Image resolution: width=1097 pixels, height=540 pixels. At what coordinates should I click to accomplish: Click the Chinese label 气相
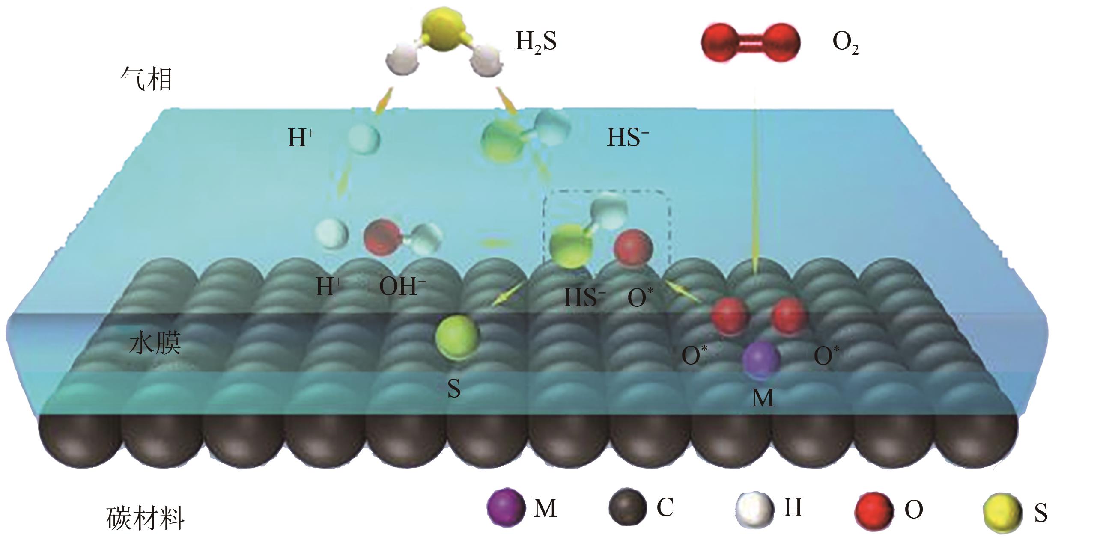(x=146, y=79)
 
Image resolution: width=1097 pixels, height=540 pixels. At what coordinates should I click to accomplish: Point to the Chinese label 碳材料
(x=146, y=519)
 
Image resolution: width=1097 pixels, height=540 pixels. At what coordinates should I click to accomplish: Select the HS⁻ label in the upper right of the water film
(x=628, y=138)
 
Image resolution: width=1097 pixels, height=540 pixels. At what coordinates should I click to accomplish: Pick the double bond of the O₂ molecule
(x=750, y=43)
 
